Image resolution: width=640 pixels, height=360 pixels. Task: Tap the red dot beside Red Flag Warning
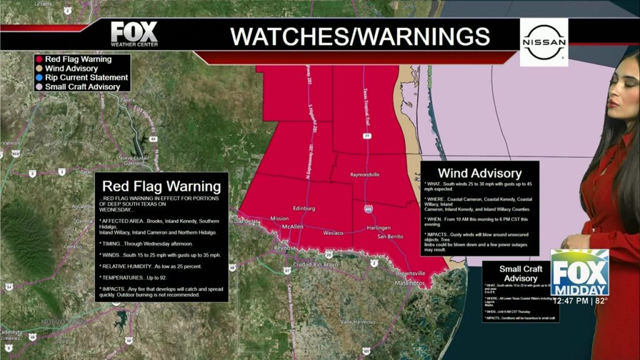(x=39, y=59)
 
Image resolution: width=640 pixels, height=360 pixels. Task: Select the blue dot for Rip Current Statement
(x=39, y=77)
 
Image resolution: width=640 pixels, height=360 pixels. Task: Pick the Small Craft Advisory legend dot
(x=39, y=86)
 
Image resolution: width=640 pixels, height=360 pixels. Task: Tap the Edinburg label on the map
(x=303, y=208)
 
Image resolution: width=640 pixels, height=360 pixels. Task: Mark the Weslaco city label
(x=334, y=233)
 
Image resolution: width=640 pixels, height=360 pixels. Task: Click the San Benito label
(x=390, y=237)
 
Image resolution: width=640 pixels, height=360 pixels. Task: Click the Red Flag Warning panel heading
(x=161, y=186)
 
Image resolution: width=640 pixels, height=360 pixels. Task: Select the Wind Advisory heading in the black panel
(x=479, y=173)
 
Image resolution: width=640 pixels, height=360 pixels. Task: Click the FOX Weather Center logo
(x=134, y=34)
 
